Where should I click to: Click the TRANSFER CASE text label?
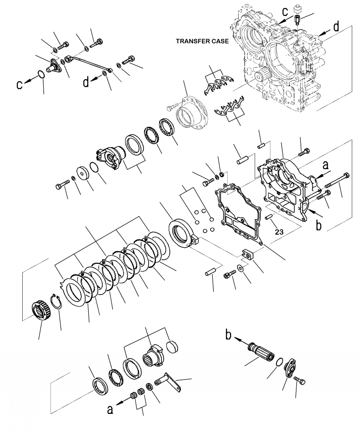pyautogui.click(x=202, y=41)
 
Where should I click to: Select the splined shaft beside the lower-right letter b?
pyautogui.click(x=262, y=353)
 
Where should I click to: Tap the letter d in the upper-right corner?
pyautogui.click(x=335, y=27)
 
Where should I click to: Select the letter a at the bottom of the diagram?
pyautogui.click(x=110, y=410)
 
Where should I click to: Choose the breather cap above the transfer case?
pyautogui.click(x=299, y=10)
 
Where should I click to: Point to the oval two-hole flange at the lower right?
pyautogui.click(x=289, y=369)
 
